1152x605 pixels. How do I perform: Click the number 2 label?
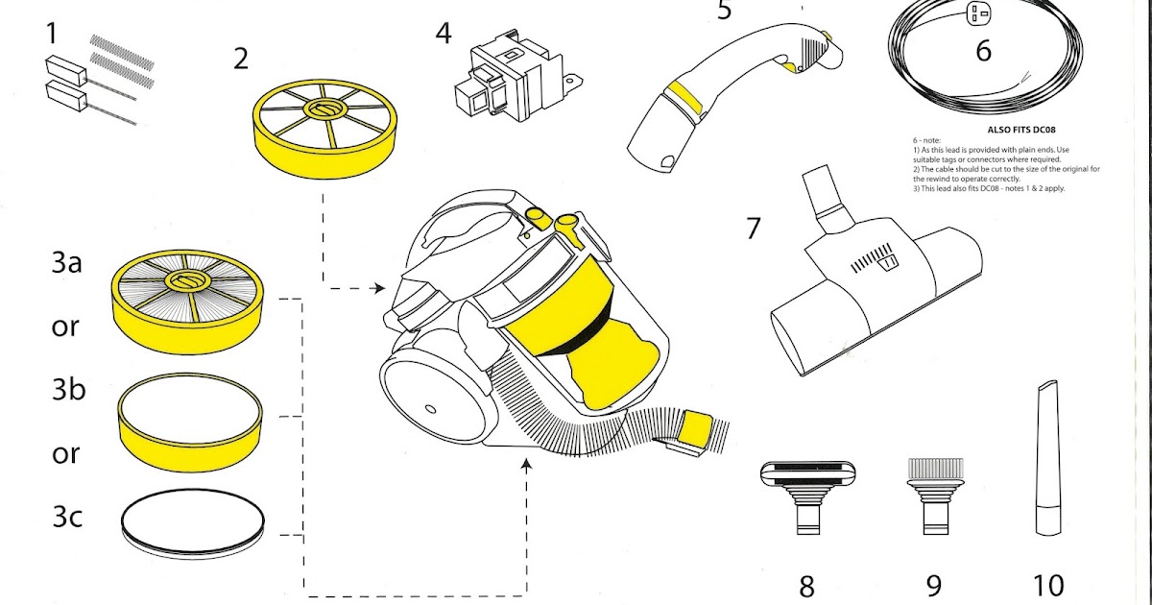tap(241, 59)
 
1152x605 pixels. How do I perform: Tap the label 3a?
tap(67, 263)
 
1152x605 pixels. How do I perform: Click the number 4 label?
tap(443, 34)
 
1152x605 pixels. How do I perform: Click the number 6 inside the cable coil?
tap(983, 49)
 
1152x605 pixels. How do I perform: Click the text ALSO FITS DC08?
tap(1027, 128)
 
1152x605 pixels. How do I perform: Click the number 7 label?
tap(753, 230)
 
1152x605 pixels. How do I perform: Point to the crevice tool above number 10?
tap(1046, 461)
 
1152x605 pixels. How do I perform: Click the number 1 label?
tap(52, 35)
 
